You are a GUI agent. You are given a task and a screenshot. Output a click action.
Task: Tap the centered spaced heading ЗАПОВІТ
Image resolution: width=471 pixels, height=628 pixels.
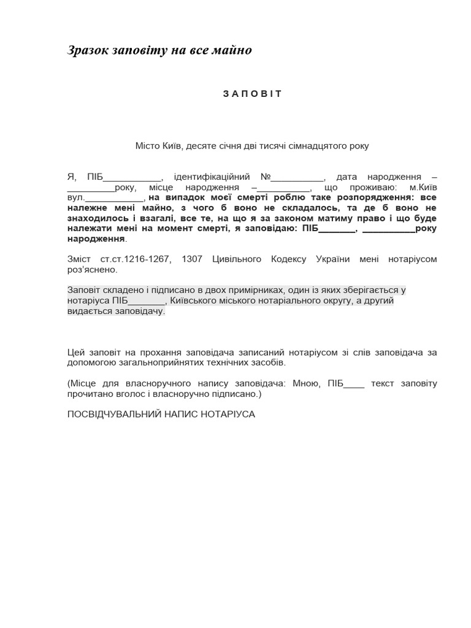pos(252,94)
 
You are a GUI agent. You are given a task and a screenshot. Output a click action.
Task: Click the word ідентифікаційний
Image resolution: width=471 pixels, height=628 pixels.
pos(212,177)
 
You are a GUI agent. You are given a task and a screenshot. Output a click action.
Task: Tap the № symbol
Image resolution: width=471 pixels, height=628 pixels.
pos(266,177)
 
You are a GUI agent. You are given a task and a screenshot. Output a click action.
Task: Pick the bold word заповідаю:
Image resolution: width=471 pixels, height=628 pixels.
pos(276,229)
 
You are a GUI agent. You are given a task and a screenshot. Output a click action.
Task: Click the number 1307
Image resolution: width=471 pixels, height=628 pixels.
pos(192,259)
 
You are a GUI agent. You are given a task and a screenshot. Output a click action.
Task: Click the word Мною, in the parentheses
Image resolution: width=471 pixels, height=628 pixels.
pos(305,384)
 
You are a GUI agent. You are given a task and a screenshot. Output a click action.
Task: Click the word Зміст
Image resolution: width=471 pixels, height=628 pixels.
pos(79,259)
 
